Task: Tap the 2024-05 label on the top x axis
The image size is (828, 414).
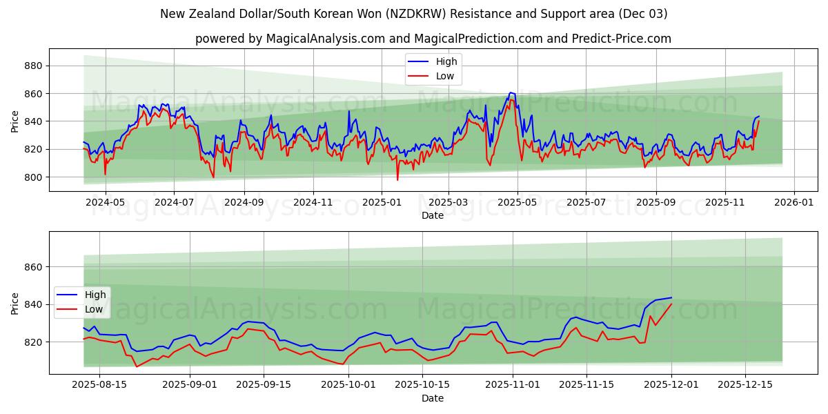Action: [105, 204]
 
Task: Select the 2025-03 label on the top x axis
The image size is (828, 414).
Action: [448, 204]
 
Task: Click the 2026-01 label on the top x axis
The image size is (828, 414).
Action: [793, 204]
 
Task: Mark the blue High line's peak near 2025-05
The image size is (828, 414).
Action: [511, 92]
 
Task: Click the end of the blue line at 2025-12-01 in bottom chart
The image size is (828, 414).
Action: [671, 297]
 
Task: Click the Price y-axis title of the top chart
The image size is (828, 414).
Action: [15, 121]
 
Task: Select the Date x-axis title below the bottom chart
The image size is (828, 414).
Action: [433, 399]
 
